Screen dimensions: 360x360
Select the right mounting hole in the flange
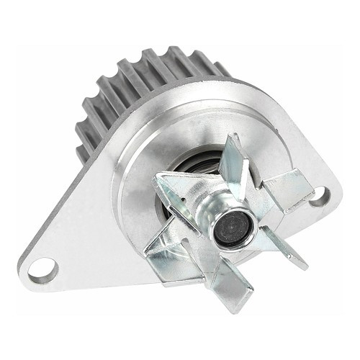tap(318, 195)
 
